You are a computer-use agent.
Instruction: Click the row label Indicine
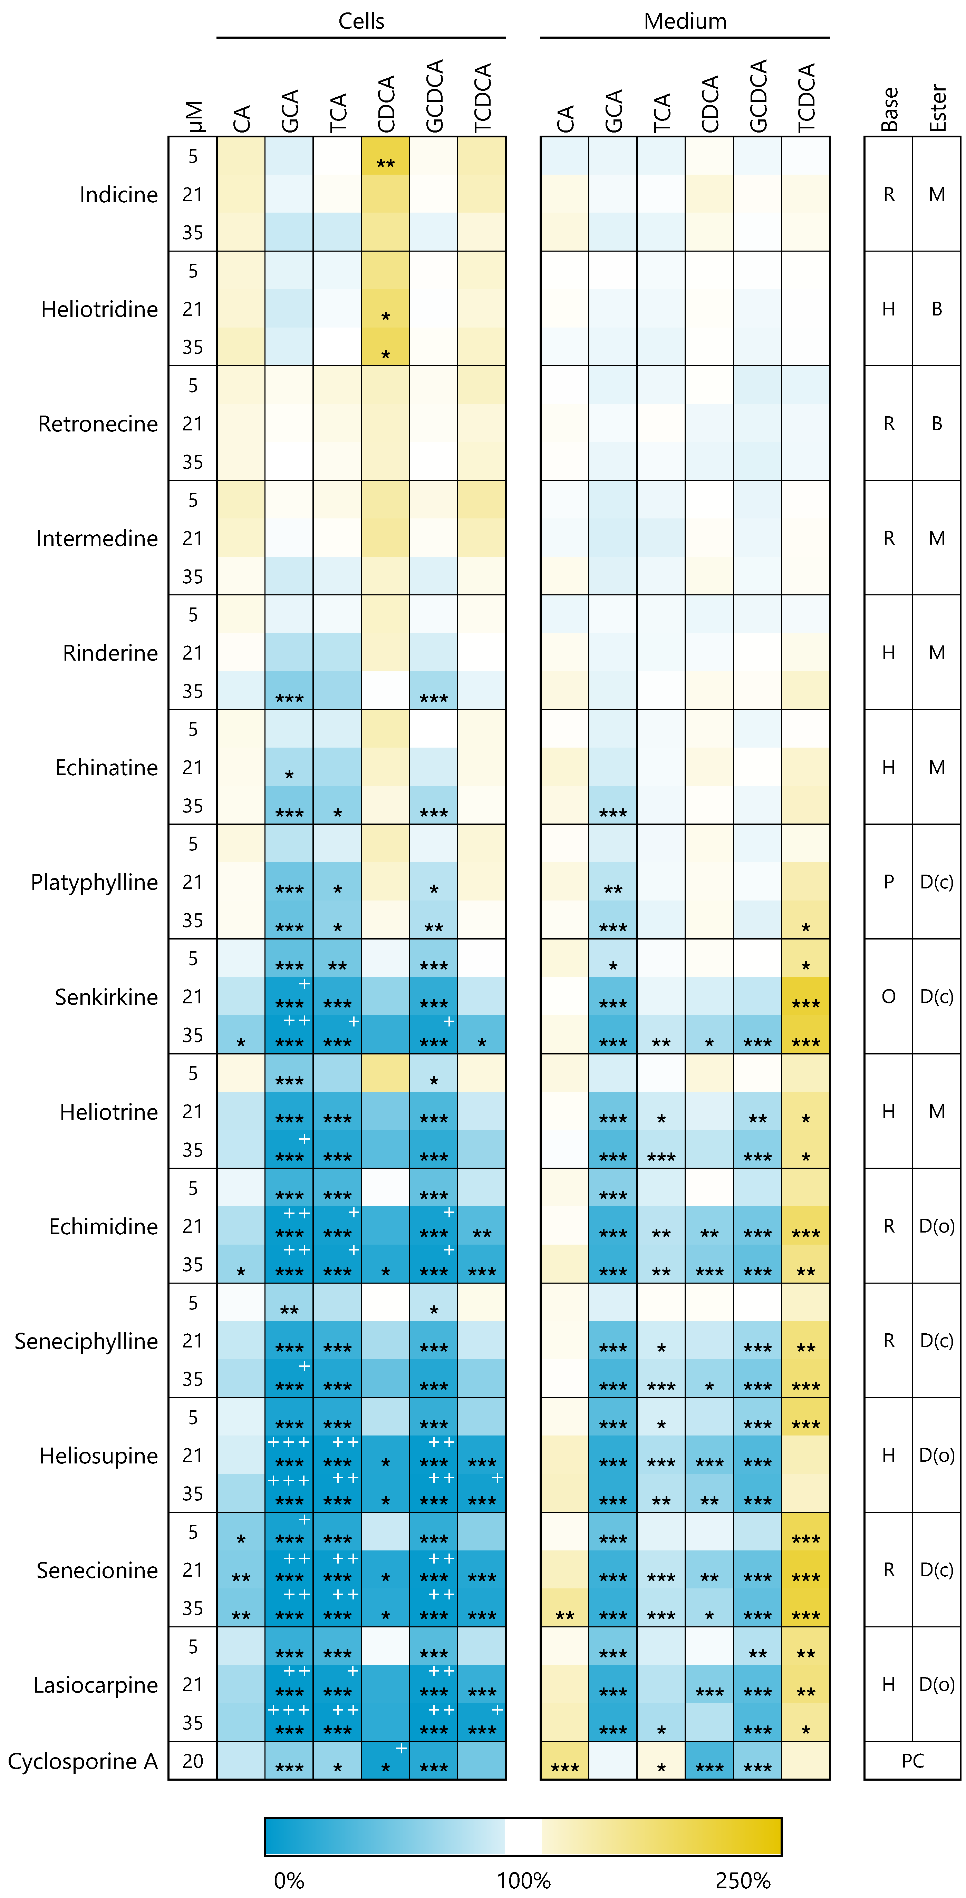(x=118, y=195)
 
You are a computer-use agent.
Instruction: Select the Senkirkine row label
(x=106, y=997)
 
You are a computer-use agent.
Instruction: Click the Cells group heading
(x=361, y=21)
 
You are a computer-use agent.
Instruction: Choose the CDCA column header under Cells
(x=386, y=103)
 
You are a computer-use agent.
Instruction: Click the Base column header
(x=889, y=109)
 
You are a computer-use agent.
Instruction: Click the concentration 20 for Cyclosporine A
(x=192, y=1761)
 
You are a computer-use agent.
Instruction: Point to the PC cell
(x=912, y=1761)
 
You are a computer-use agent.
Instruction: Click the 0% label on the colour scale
(x=289, y=1880)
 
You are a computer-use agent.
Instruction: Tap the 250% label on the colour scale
(x=743, y=1880)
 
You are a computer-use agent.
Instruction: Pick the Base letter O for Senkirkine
(x=889, y=997)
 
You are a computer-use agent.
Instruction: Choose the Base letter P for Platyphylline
(x=889, y=882)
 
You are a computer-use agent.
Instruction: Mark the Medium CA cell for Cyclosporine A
(x=564, y=1761)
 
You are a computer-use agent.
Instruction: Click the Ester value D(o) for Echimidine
(x=937, y=1226)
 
